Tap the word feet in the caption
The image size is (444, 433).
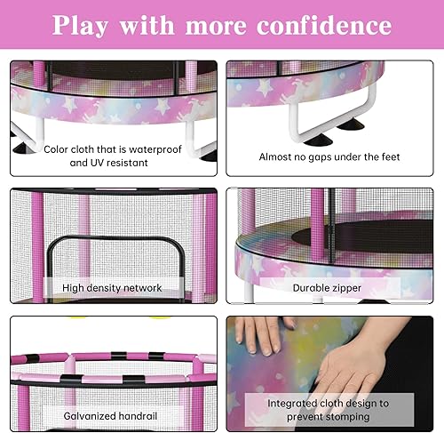(x=386, y=156)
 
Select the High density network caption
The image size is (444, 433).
(x=112, y=287)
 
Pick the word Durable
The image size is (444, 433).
(x=313, y=287)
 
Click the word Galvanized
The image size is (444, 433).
(x=92, y=414)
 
